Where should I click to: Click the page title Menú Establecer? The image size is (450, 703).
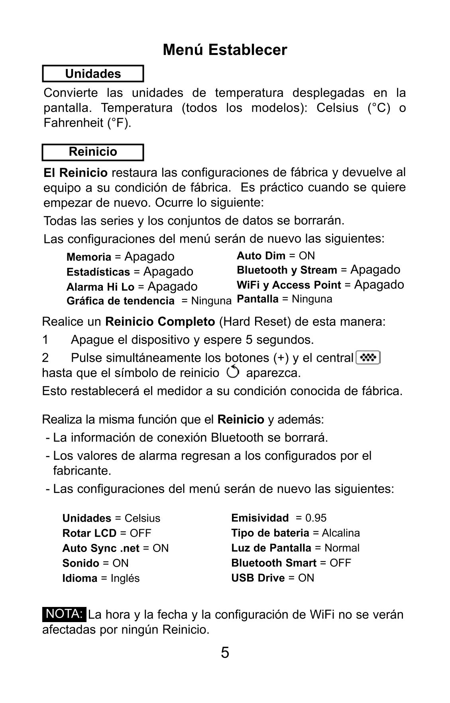[225, 50]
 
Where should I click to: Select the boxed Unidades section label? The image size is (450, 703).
[93, 74]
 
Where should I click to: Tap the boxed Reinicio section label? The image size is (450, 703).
[93, 152]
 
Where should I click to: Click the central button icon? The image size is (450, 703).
[368, 358]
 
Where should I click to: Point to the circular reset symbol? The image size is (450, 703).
[233, 372]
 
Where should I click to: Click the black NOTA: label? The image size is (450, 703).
[64, 614]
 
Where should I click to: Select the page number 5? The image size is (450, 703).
[225, 653]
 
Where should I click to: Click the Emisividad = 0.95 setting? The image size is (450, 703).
[279, 518]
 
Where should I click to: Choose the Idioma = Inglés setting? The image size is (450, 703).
[101, 578]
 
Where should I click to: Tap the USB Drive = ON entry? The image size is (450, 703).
[273, 578]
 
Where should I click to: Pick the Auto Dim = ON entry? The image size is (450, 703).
[275, 256]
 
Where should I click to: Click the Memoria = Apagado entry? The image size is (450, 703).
[120, 257]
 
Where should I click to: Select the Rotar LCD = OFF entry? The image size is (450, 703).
[107, 533]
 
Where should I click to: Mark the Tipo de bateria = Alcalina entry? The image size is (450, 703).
[295, 533]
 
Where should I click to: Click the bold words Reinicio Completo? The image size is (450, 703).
[160, 322]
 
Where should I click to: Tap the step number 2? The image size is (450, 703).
[45, 358]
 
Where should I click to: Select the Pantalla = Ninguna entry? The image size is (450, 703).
[284, 299]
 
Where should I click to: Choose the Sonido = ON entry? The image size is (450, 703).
[96, 563]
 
